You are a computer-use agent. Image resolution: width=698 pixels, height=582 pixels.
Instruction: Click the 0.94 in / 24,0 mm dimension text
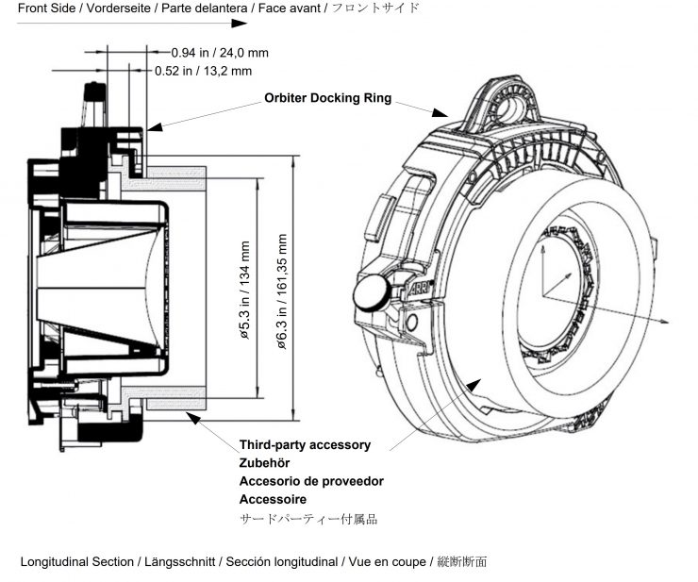pyautogui.click(x=219, y=52)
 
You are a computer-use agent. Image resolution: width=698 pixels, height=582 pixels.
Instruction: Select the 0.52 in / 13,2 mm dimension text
pyautogui.click(x=203, y=70)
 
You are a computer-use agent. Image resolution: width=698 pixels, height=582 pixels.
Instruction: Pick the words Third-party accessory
pyautogui.click(x=305, y=444)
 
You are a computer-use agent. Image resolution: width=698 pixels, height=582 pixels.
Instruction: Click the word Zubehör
pyautogui.click(x=265, y=462)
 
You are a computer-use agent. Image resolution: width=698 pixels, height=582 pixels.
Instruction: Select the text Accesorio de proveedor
pyautogui.click(x=311, y=481)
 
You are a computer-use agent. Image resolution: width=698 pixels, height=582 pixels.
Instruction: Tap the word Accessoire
pyautogui.click(x=273, y=499)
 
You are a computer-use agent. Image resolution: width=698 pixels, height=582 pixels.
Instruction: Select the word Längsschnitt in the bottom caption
pyautogui.click(x=181, y=562)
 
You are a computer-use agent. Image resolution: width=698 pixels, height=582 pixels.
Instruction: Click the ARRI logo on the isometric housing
pyautogui.click(x=421, y=290)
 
